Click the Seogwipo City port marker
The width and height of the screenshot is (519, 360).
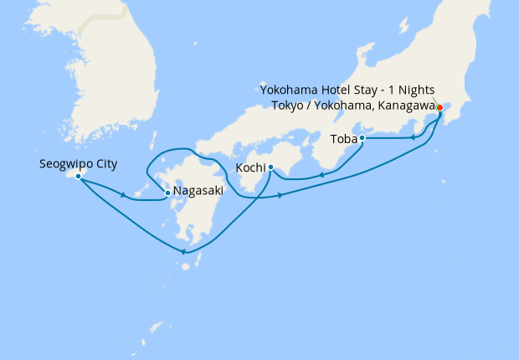click(x=78, y=177)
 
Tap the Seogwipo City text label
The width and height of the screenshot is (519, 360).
click(x=78, y=164)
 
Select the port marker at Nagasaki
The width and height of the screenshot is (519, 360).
click(x=167, y=193)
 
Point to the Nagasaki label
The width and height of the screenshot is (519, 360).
click(x=198, y=192)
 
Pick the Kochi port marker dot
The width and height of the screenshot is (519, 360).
click(x=271, y=168)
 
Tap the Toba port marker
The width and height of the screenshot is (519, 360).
click(x=362, y=138)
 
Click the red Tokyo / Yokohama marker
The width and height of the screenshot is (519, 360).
click(x=439, y=107)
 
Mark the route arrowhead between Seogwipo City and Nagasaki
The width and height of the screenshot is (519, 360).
click(x=124, y=196)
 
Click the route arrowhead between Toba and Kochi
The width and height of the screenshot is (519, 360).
click(x=321, y=176)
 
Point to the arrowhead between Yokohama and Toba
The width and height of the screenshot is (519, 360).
click(x=413, y=137)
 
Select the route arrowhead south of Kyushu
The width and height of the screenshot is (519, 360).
click(x=182, y=252)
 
